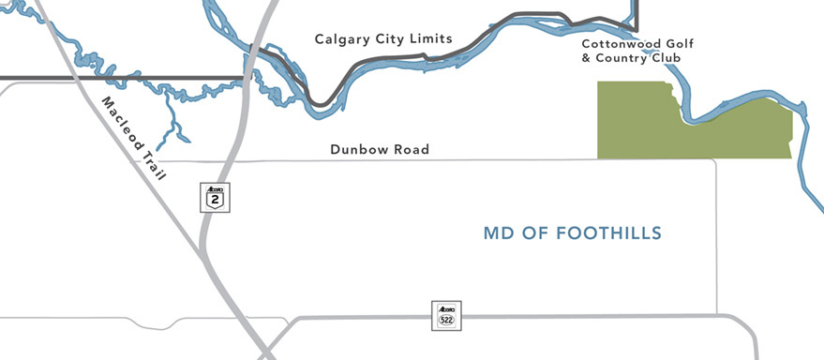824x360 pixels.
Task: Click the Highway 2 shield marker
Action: coord(216,197)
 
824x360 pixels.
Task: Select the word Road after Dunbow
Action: coord(412,150)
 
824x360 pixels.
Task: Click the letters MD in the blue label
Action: coord(497,232)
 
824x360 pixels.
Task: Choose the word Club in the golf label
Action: coord(664,58)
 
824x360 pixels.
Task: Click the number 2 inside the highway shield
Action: coord(216,200)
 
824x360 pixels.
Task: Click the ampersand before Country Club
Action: coord(587,58)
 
